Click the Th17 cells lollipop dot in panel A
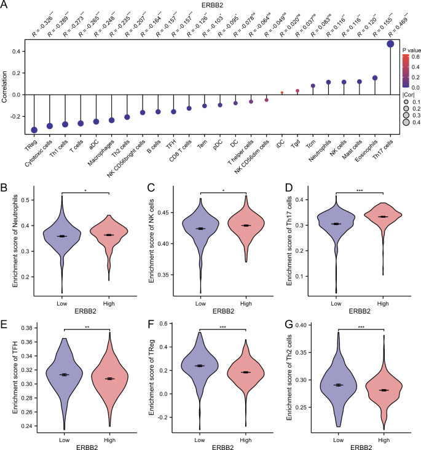click(x=390, y=44)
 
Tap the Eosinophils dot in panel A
click(x=374, y=78)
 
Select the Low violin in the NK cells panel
click(x=200, y=231)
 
